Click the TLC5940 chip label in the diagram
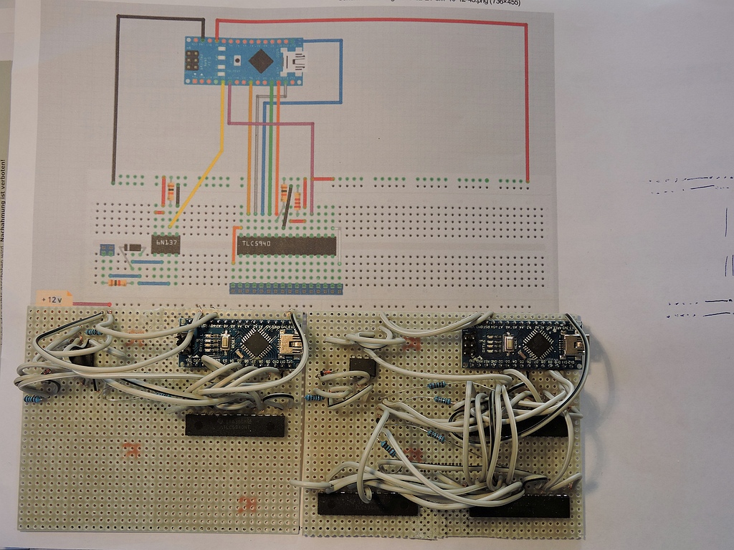[259, 245]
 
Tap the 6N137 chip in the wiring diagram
[166, 244]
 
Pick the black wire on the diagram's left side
[113, 100]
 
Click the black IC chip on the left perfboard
[235, 425]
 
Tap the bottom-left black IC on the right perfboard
[367, 504]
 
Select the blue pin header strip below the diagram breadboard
[286, 288]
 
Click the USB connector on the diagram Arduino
[293, 62]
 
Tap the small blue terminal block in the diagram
[107, 249]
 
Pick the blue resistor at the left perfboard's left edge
[33, 399]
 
